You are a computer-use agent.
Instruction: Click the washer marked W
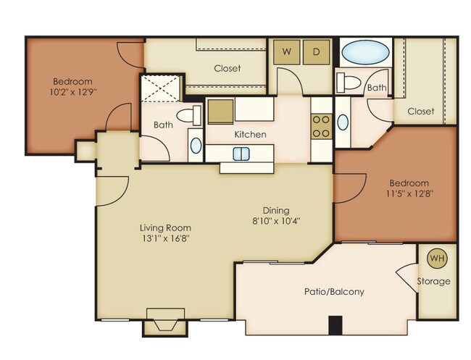pos(287,52)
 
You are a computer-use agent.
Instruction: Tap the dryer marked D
pos(316,52)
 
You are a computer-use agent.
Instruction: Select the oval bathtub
pos(365,52)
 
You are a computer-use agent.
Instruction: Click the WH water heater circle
pos(438,258)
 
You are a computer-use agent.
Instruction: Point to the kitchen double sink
pos(241,154)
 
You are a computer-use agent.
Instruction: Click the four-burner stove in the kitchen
pos(322,127)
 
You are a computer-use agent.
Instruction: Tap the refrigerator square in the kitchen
pos(220,112)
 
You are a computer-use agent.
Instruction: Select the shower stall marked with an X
pos(161,88)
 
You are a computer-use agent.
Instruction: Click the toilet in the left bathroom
pos(189,116)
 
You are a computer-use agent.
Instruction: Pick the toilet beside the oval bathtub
pos(349,83)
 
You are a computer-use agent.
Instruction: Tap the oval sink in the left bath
pos(196,146)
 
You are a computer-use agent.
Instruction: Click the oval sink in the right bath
pos(343,122)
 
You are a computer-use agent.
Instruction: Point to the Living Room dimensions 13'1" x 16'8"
pos(165,239)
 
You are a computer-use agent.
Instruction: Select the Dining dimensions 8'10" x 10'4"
pos(276,221)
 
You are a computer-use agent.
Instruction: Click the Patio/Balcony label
pos(334,291)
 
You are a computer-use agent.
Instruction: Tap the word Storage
pos(433,281)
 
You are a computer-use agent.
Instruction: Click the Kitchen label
pos(250,134)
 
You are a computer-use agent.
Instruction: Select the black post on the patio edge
pos(335,325)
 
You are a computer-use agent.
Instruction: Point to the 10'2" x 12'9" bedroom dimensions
pos(73,91)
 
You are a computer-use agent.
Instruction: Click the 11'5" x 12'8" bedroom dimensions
pos(409,193)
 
